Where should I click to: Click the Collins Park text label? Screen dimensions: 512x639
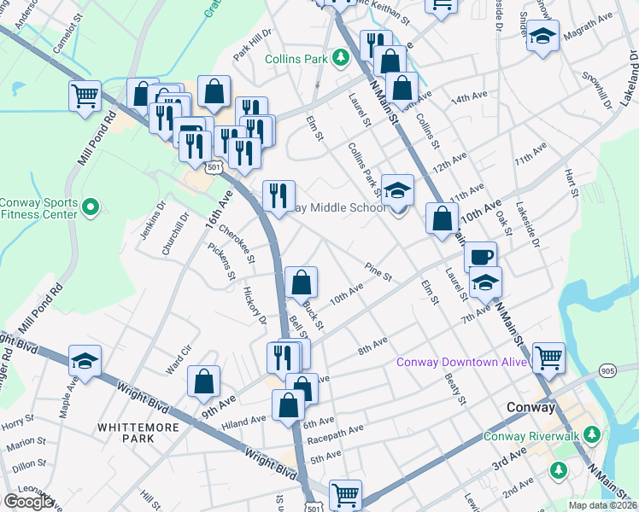[x=297, y=59]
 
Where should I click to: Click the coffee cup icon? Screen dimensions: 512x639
[x=480, y=256]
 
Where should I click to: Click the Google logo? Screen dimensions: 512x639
[x=27, y=502]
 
